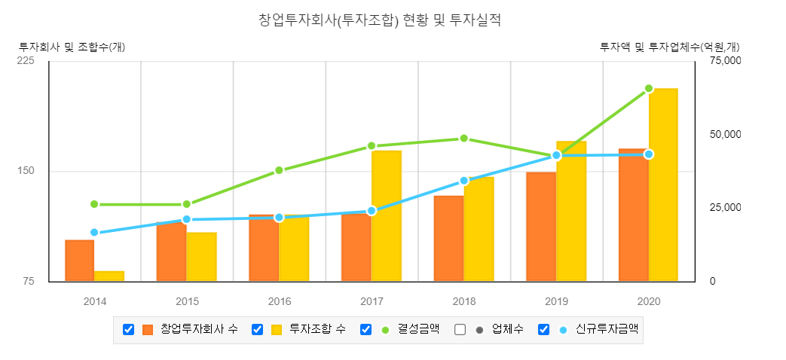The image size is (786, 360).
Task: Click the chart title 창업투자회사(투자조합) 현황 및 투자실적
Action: (379, 20)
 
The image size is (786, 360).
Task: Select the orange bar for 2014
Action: (79, 261)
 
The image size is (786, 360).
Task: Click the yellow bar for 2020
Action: (663, 185)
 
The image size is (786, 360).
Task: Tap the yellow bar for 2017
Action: (387, 216)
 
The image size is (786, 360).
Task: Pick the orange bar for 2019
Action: (541, 227)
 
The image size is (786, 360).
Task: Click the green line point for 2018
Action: (464, 139)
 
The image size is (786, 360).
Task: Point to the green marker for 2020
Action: (649, 89)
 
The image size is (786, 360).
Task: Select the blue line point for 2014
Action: (94, 233)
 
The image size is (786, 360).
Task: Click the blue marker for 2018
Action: (464, 181)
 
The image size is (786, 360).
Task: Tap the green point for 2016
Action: (279, 170)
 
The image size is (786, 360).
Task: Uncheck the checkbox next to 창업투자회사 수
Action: (128, 330)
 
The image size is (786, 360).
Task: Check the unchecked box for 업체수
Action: (460, 330)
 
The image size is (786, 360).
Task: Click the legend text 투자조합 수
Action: (317, 329)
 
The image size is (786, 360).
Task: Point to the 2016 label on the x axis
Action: (279, 302)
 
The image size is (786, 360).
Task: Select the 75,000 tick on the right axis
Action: (726, 61)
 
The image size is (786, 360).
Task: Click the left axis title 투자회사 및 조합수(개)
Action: (72, 47)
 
